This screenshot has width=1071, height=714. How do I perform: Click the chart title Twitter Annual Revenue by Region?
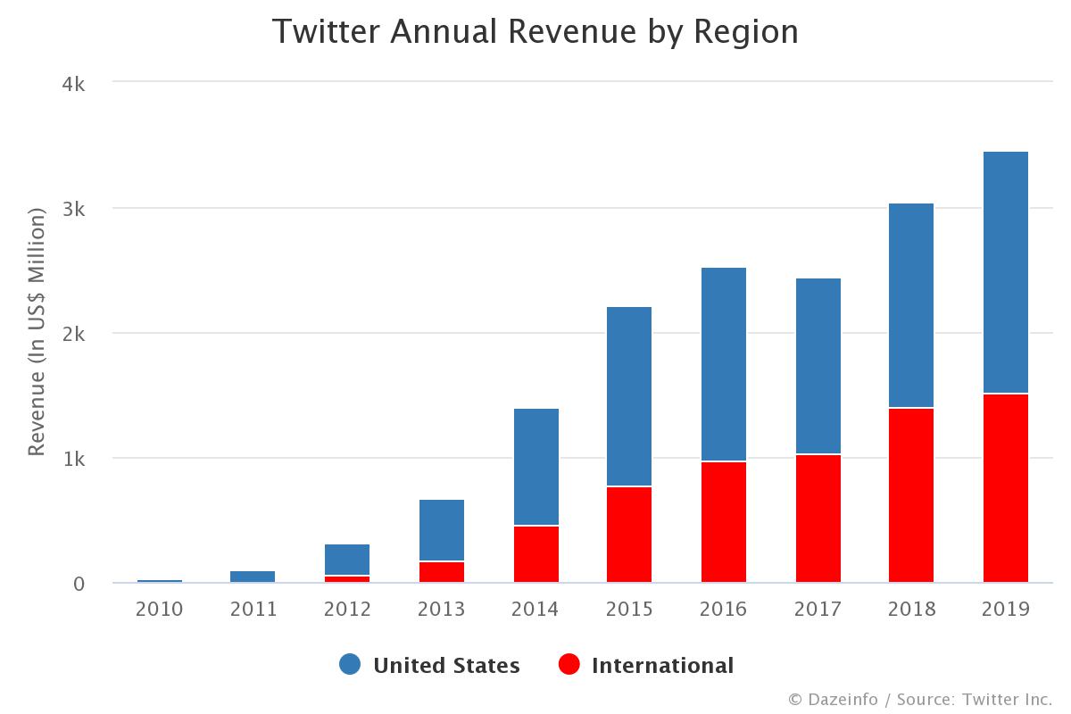pos(535,32)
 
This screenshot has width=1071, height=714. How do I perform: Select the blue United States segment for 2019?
pos(1006,272)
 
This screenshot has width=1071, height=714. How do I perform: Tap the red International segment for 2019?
pos(1006,488)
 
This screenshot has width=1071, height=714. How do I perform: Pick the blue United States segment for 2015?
pos(629,396)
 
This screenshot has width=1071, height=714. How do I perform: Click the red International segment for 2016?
pos(724,522)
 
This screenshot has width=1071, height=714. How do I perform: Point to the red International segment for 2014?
pos(535,554)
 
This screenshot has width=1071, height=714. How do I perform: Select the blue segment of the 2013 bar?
pos(442,530)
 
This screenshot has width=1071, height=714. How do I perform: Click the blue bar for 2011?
pos(253,577)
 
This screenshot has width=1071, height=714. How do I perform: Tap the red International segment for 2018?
pos(911,495)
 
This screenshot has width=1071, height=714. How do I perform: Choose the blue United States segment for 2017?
pos(818,366)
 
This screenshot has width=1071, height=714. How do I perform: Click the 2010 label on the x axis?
pos(159,610)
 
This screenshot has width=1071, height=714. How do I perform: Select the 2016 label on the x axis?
pos(724,610)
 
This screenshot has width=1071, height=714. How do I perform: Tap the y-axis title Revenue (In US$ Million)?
pos(37,332)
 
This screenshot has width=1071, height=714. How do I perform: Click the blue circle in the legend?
pos(351,665)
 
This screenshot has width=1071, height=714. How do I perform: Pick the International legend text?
pos(662,666)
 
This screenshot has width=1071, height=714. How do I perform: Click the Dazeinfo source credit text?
pos(920,699)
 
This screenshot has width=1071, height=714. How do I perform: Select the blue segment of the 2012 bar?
pos(347,560)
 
